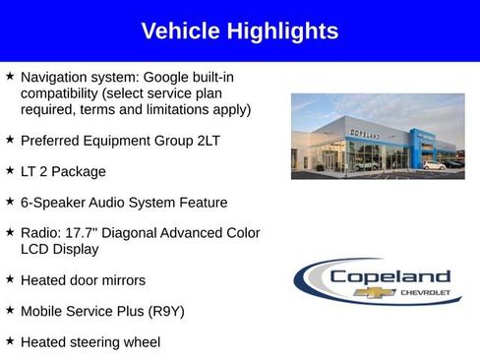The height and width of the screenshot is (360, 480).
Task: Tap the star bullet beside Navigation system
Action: [x=10, y=76]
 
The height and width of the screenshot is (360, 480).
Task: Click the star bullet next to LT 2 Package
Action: [x=10, y=171]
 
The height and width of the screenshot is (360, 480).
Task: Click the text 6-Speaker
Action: [x=52, y=203]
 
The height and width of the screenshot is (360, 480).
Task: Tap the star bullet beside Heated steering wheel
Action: [x=10, y=341]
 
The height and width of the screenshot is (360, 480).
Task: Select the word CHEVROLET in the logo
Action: [x=425, y=292]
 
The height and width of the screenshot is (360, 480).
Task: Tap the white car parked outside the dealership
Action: [x=434, y=164]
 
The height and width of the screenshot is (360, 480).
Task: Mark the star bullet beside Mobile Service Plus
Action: [x=10, y=311]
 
